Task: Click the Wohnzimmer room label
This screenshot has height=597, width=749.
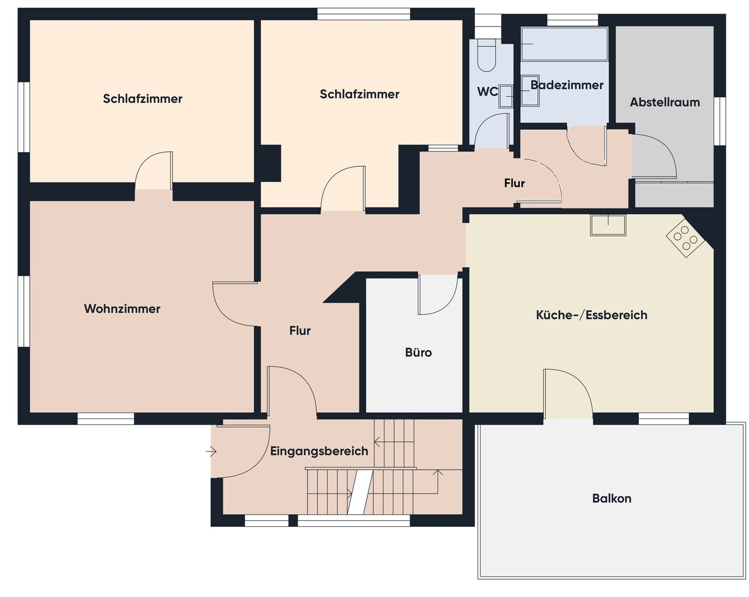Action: click(x=122, y=309)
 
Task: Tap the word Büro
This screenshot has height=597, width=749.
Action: click(x=418, y=353)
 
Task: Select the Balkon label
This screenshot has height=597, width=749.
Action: click(x=611, y=499)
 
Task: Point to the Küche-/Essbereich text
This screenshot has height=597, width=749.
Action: click(x=591, y=315)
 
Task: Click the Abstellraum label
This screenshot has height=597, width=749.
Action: click(x=665, y=102)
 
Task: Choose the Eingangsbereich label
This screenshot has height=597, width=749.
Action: click(x=319, y=451)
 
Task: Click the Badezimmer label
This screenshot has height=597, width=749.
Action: click(x=567, y=85)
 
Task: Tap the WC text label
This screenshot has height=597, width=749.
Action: click(x=487, y=92)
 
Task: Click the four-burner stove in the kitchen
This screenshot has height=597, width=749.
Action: click(x=685, y=238)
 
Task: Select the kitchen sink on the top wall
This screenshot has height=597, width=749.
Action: click(x=608, y=225)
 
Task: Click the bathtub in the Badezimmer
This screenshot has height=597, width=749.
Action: click(x=564, y=44)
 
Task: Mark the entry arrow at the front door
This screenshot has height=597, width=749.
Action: click(x=211, y=452)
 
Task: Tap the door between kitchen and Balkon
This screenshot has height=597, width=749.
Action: click(x=568, y=394)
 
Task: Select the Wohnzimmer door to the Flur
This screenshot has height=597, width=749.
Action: click(x=235, y=304)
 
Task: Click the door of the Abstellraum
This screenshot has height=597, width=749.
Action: click(x=654, y=156)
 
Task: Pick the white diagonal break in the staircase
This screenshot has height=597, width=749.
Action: click(x=360, y=492)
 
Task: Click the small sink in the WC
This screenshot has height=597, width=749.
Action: click(x=506, y=96)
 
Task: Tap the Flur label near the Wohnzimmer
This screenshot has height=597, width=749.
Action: click(x=300, y=331)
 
